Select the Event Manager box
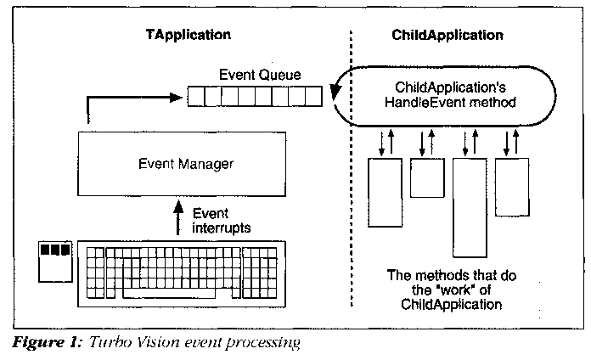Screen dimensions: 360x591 180,162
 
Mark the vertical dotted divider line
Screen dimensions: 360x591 352,170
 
